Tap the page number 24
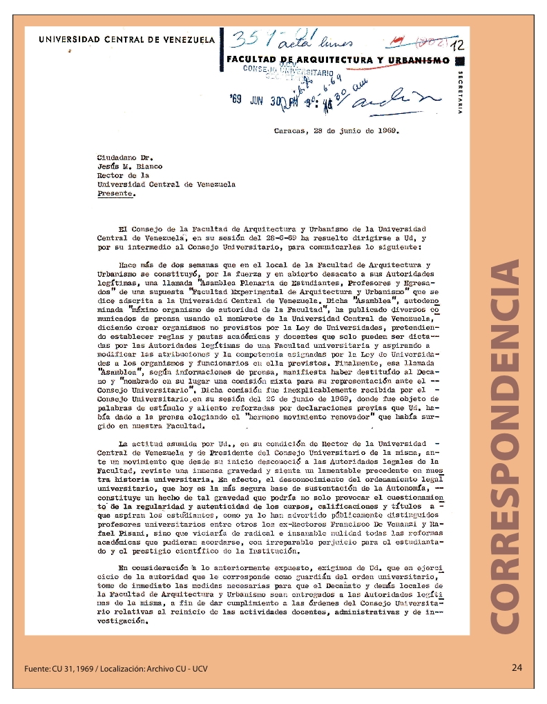tap(517, 667)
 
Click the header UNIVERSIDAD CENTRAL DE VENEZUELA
tap(126, 40)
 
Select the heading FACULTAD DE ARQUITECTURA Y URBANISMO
tap(338, 61)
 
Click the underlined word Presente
tap(116, 194)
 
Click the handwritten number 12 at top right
tap(457, 46)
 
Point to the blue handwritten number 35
tap(247, 39)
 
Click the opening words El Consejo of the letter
tap(141, 228)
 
